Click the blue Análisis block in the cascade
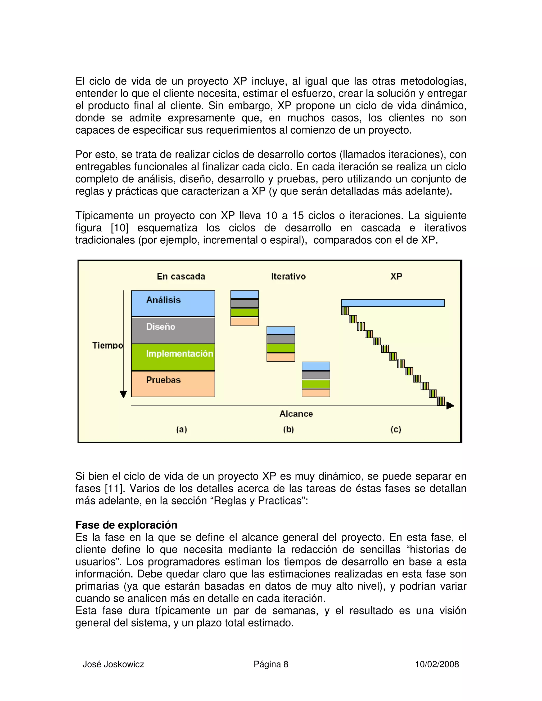point(173,303)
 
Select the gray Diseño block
point(173,330)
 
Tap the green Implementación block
point(173,357)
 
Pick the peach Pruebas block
point(173,384)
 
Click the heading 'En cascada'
point(181,276)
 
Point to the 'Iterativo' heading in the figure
point(288,276)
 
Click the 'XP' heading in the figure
point(396,276)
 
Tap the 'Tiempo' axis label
point(107,345)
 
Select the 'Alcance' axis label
point(296,414)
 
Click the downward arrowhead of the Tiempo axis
point(123,394)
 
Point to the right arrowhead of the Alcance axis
point(450,406)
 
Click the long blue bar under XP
point(393,303)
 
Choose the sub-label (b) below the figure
point(288,429)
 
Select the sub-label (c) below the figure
point(396,429)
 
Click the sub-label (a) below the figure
point(181,429)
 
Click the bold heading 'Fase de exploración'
point(126,525)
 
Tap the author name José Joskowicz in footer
point(113,664)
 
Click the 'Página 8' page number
point(271,664)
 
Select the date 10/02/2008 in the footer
point(437,664)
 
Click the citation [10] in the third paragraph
point(119,228)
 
